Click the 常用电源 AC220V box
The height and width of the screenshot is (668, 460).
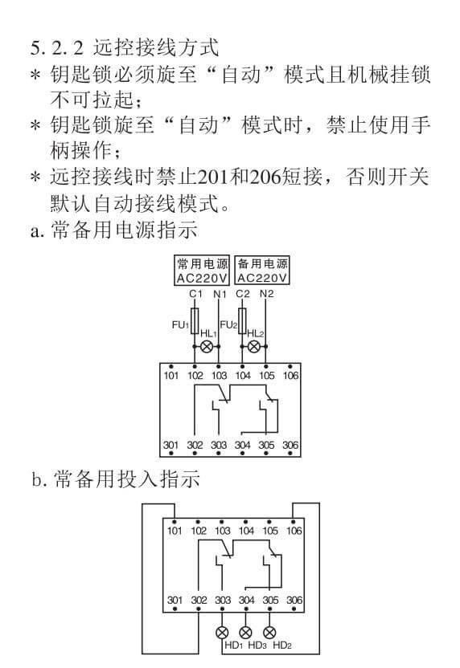[202, 271]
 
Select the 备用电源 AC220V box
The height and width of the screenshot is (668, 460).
[262, 271]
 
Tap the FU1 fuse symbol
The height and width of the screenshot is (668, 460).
[195, 321]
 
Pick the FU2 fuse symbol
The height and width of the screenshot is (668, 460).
[242, 321]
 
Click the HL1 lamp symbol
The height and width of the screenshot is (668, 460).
[207, 347]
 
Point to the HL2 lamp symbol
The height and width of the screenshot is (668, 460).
[254, 347]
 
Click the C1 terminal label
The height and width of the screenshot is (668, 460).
[195, 294]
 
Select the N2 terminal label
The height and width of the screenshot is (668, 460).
[267, 294]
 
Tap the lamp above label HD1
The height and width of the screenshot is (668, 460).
[222, 633]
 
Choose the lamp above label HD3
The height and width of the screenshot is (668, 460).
[245, 633]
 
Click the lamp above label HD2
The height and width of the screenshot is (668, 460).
[269, 633]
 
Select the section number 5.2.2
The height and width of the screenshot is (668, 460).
[57, 47]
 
